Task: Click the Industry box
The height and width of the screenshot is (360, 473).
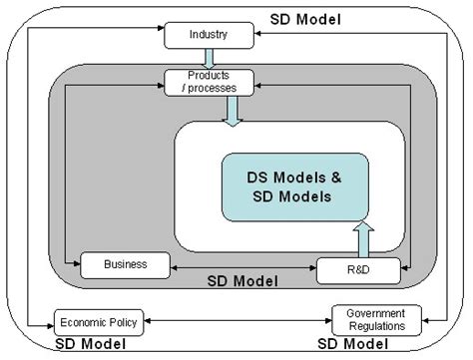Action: click(210, 36)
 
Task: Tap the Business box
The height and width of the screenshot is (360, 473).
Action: click(125, 264)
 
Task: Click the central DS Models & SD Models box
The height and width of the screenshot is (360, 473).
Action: click(294, 186)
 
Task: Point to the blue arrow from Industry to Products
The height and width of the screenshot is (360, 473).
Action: click(210, 57)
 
